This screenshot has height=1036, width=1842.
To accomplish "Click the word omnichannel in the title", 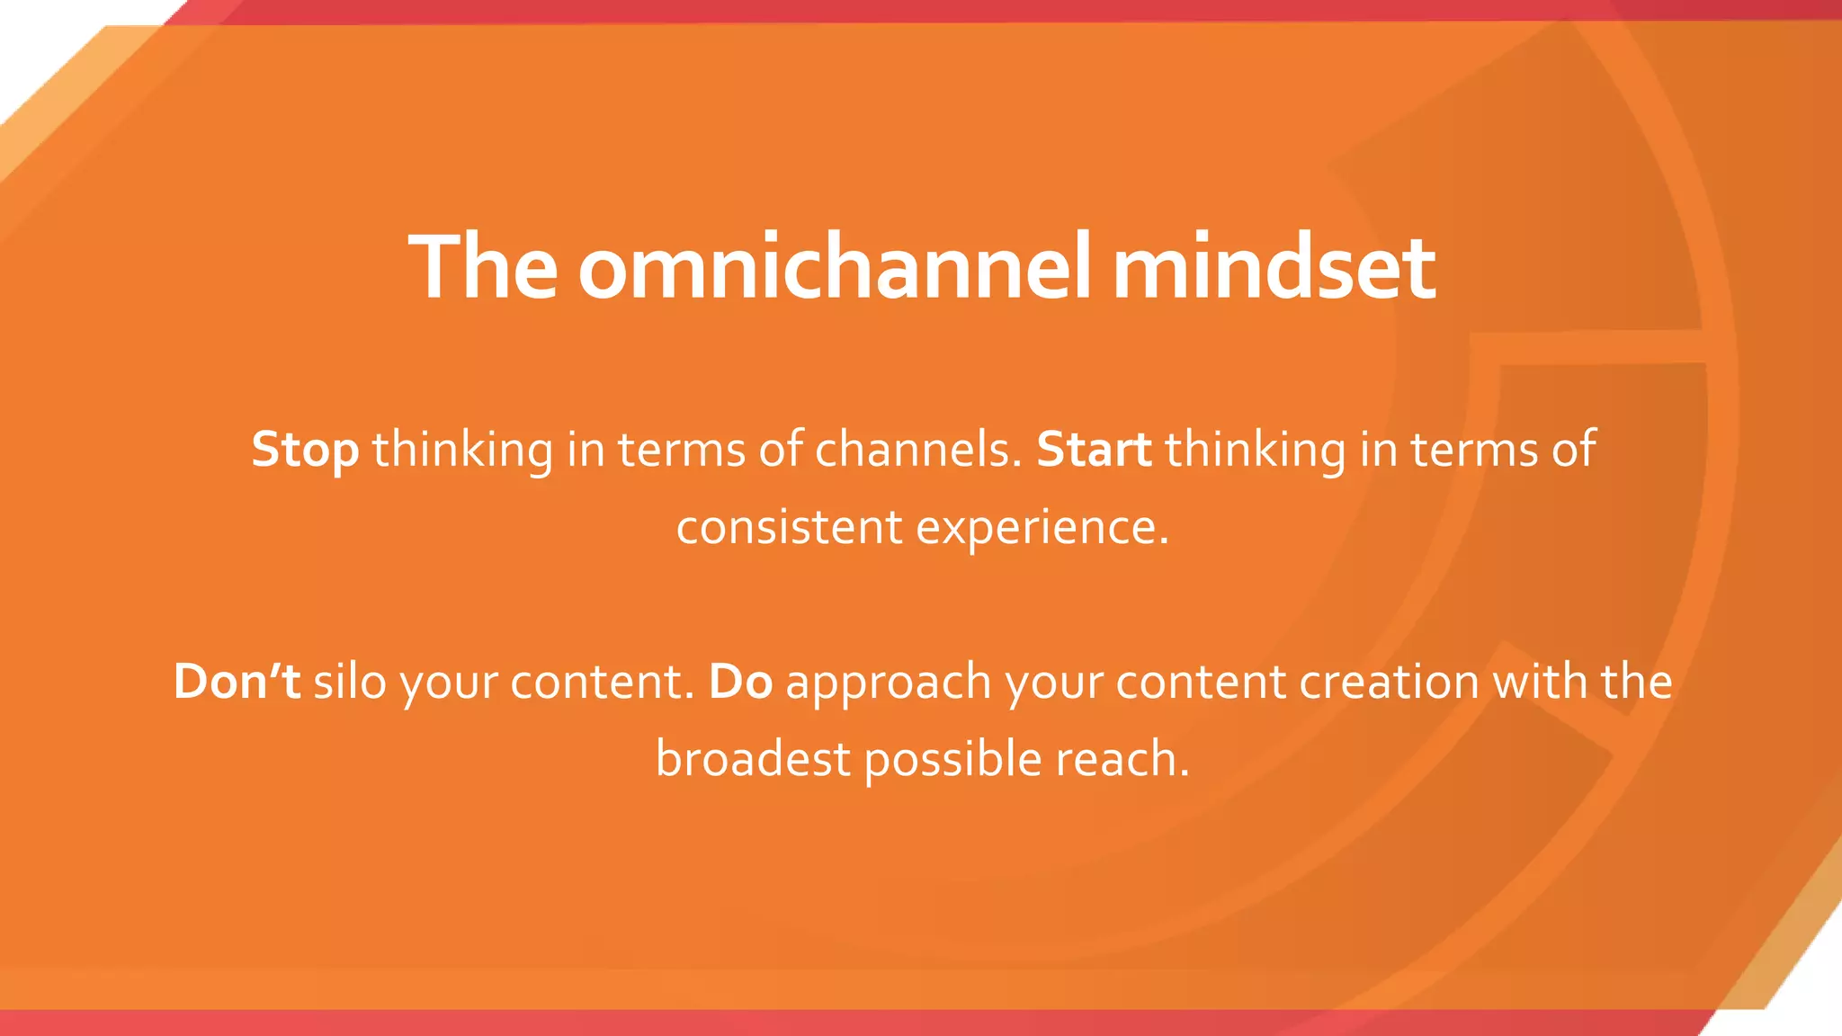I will tap(835, 267).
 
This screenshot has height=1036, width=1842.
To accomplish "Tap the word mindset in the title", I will tap(1274, 267).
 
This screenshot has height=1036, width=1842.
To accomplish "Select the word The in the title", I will tap(483, 267).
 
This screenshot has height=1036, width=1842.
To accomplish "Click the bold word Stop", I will tap(305, 450).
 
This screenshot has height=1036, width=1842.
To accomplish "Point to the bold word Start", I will tap(1094, 450).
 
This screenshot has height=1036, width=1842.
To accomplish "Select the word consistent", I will tap(789, 527).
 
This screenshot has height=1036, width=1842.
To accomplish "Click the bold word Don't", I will tap(237, 681).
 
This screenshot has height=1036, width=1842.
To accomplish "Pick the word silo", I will tap(350, 681).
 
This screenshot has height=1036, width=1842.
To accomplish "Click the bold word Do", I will tap(740, 681).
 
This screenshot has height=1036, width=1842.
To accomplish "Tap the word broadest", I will tap(752, 759).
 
